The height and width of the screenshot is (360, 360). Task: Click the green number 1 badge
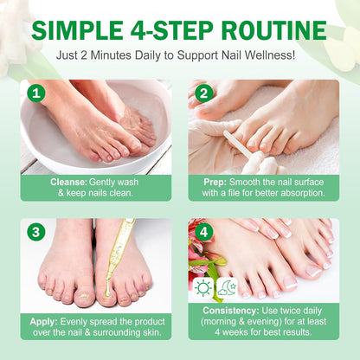pos(35,93)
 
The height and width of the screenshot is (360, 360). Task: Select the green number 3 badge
pos(35,231)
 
